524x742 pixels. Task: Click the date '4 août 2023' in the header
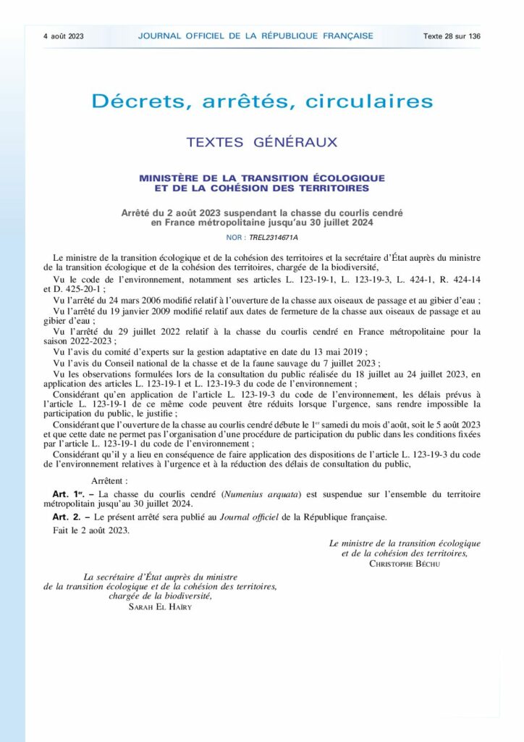coord(64,36)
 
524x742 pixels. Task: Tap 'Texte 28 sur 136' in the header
coord(452,36)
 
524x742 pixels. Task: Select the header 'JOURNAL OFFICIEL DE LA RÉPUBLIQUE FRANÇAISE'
coord(255,36)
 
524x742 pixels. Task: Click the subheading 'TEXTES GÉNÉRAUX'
coord(262,142)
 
